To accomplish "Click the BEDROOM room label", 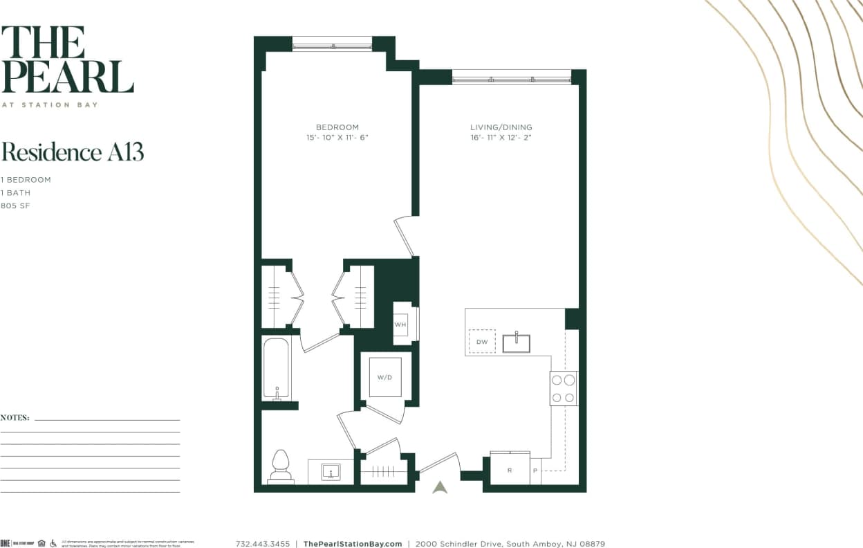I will point(337,127).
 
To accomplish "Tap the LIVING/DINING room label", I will point(501,127).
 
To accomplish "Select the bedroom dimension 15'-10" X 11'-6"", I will point(337,138).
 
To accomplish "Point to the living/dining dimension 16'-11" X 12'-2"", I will point(501,138).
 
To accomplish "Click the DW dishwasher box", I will point(482,342).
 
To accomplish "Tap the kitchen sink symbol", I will point(517,342).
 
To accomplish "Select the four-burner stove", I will point(564,388).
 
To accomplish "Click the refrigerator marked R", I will point(510,470).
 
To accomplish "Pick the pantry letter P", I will point(535,471).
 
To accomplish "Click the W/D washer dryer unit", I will point(384,377).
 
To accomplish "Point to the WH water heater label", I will point(400,324).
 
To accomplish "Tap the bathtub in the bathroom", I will point(276,369).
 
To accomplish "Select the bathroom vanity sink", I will point(331,472).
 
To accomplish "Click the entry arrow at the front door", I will point(440,487).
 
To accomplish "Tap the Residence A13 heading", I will point(73,152).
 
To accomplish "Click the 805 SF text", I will point(15,206).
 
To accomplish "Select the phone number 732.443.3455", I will point(263,544).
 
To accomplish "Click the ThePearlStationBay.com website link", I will point(353,544).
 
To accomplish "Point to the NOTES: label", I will point(15,418).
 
